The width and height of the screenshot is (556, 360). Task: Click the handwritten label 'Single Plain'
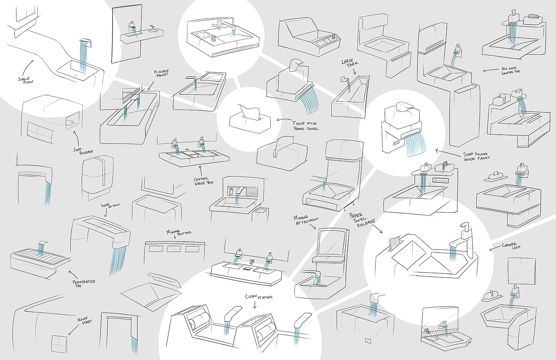(x=26, y=80)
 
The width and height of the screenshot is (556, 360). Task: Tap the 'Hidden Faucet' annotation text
(x=162, y=73)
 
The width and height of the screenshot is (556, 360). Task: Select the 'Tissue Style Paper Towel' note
(x=305, y=126)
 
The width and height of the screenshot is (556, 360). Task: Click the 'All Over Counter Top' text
(x=511, y=70)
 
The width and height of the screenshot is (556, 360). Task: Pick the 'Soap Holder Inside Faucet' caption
(x=477, y=156)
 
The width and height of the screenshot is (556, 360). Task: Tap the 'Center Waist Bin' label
(x=204, y=181)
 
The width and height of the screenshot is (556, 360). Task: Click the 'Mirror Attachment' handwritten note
(x=306, y=220)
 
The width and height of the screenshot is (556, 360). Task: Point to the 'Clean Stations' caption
(x=259, y=297)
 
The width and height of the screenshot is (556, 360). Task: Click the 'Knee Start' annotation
(x=85, y=320)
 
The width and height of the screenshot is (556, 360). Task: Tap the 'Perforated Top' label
(x=84, y=283)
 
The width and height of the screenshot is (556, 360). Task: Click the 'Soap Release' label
(x=83, y=151)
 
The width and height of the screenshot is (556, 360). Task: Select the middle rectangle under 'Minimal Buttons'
(x=174, y=249)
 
